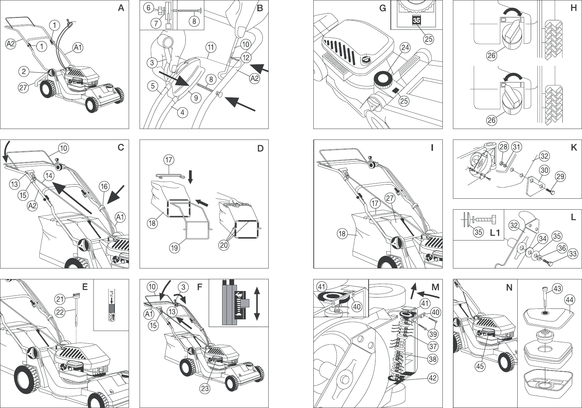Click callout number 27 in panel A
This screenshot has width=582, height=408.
coord(23,88)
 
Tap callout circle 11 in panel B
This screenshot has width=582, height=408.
coord(211,47)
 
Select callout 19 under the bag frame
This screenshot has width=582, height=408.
coord(174,248)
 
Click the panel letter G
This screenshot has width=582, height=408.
coord(382,8)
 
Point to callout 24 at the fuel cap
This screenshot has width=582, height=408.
coord(405,48)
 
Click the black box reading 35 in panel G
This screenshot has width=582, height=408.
coord(417,20)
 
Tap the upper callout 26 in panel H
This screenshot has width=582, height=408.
coord(491,56)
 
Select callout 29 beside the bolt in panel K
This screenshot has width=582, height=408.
coord(561,177)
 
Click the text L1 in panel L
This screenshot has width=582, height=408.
coord(495,233)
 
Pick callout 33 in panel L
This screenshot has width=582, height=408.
coord(573,254)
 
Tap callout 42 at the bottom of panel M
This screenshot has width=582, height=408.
coord(432,378)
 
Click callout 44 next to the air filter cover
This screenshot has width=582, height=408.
coord(569,300)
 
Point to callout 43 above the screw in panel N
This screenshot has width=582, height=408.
coord(557,289)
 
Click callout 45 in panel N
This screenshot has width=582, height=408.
coord(480,366)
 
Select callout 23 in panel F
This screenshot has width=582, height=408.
coord(205,388)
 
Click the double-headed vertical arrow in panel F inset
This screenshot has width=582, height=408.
coord(257,303)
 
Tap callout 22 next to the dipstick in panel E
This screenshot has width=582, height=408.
coord(60,312)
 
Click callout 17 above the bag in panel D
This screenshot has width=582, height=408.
coord(169,160)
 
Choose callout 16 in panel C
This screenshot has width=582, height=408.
coord(104,187)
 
